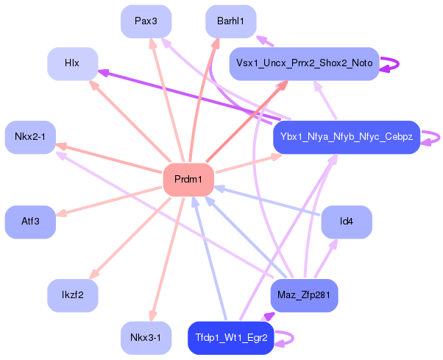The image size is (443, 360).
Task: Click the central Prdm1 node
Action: click(188, 180)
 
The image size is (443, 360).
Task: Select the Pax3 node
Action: click(146, 21)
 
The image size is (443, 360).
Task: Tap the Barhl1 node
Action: click(231, 21)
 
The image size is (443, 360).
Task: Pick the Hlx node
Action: click(73, 63)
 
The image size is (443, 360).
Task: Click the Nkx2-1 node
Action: click(30, 137)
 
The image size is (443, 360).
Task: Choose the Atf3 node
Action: click(30, 222)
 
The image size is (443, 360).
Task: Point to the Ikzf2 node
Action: click(73, 295)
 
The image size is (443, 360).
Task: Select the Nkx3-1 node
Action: click(146, 338)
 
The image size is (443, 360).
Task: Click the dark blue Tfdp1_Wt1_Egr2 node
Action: click(231, 338)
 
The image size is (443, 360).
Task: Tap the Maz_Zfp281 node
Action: click(304, 295)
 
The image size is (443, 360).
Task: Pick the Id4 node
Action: click(347, 222)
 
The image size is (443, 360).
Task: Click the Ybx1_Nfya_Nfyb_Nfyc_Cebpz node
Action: click(347, 137)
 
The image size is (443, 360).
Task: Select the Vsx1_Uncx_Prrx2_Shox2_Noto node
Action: click(304, 63)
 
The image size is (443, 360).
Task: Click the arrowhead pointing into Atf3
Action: click(61, 213)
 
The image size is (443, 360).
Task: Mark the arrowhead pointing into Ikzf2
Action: click(94, 274)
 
